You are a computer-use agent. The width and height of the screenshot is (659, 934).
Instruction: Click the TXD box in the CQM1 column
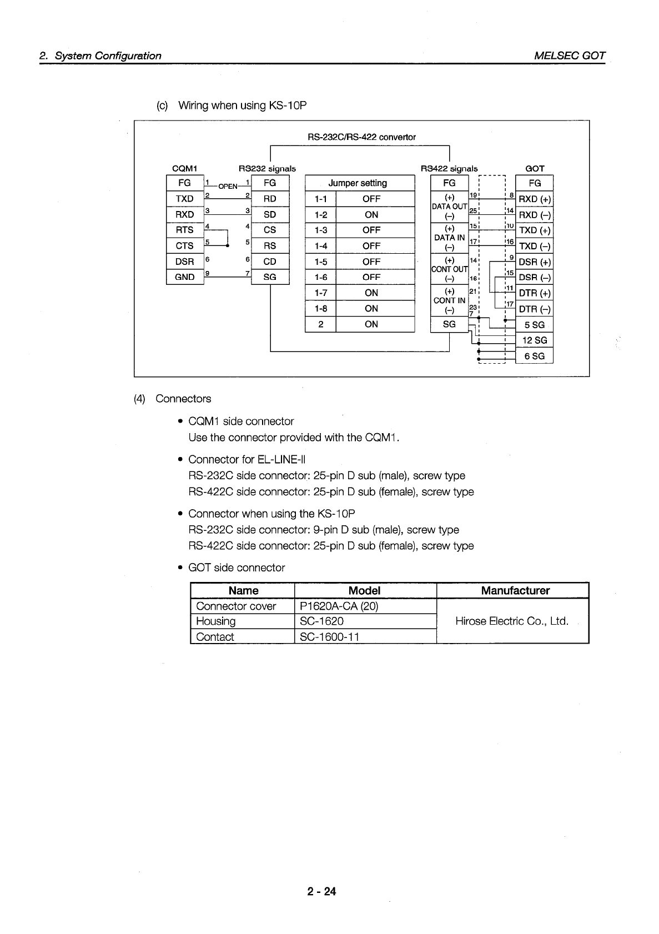[184, 199]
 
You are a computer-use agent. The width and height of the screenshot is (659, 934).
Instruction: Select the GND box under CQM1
[184, 277]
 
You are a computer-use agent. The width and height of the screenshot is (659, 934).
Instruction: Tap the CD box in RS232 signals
[270, 261]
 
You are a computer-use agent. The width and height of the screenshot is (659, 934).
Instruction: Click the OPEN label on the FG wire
[228, 186]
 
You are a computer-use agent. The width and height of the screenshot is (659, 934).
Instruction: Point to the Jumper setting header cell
[358, 183]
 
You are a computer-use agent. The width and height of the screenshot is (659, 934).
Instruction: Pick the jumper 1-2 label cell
[320, 214]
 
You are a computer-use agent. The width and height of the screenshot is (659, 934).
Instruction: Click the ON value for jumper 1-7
[371, 293]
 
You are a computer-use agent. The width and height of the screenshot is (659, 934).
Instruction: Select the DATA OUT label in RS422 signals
[449, 207]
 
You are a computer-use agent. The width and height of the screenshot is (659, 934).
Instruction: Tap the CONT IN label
[449, 300]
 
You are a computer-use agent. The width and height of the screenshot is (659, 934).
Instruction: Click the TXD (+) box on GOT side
[535, 230]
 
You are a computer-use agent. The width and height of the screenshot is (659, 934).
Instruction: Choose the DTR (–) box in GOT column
[535, 309]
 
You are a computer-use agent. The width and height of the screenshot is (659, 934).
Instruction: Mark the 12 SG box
[535, 340]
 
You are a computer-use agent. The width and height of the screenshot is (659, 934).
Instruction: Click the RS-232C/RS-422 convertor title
[361, 137]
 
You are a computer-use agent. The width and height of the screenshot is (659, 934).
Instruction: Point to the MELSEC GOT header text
[569, 56]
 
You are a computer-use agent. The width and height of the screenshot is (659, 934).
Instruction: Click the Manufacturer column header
[515, 591]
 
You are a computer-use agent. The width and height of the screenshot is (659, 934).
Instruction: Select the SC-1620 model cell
[321, 621]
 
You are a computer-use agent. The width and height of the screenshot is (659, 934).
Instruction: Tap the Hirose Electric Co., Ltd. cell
[511, 621]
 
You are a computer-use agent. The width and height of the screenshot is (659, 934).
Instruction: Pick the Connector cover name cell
[236, 606]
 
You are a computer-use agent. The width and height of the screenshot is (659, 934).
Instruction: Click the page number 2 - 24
[321, 892]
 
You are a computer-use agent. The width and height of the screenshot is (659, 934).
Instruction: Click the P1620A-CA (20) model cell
[339, 606]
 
